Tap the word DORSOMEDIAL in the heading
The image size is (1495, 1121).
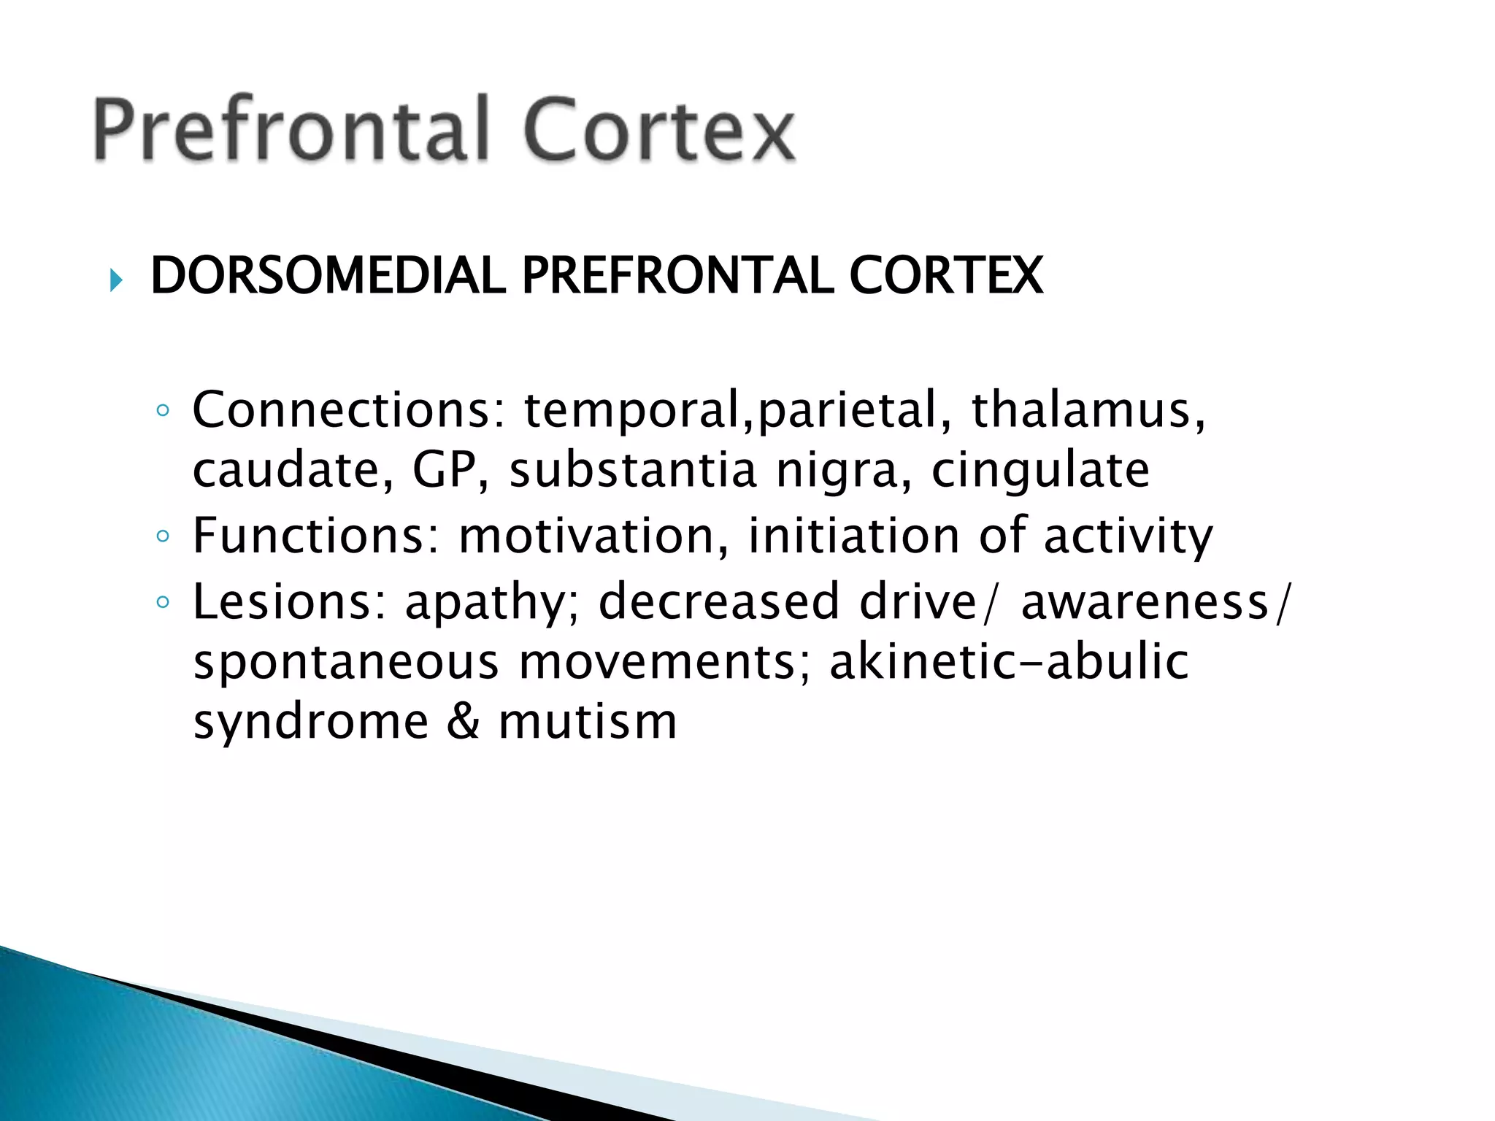click(328, 276)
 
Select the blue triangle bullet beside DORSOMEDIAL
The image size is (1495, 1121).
click(116, 279)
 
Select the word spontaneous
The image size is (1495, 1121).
click(346, 663)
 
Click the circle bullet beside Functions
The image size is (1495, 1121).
click(163, 537)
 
